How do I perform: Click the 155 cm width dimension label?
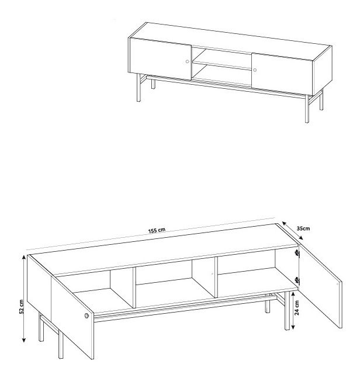pyautogui.click(x=157, y=230)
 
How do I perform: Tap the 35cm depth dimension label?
pyautogui.click(x=303, y=228)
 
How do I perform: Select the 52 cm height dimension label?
pyautogui.click(x=21, y=307)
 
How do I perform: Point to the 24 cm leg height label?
pyautogui.click(x=297, y=308)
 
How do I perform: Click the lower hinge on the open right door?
pyautogui.click(x=297, y=280)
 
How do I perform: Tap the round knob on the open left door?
pyautogui.click(x=86, y=315)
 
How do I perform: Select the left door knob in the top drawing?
pyautogui.click(x=188, y=61)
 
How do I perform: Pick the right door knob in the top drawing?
pyautogui.click(x=255, y=70)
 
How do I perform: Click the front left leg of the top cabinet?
pyautogui.click(x=139, y=87)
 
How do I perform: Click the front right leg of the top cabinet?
pyautogui.click(x=307, y=109)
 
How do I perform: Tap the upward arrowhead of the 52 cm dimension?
pyautogui.click(x=23, y=258)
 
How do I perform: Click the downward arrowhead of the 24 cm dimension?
pyautogui.click(x=293, y=327)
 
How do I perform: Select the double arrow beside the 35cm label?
pyautogui.click(x=292, y=231)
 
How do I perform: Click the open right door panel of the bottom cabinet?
pyautogui.click(x=321, y=286)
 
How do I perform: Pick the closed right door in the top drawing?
pyautogui.click(x=282, y=74)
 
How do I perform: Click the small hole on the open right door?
pyautogui.click(x=338, y=284)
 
